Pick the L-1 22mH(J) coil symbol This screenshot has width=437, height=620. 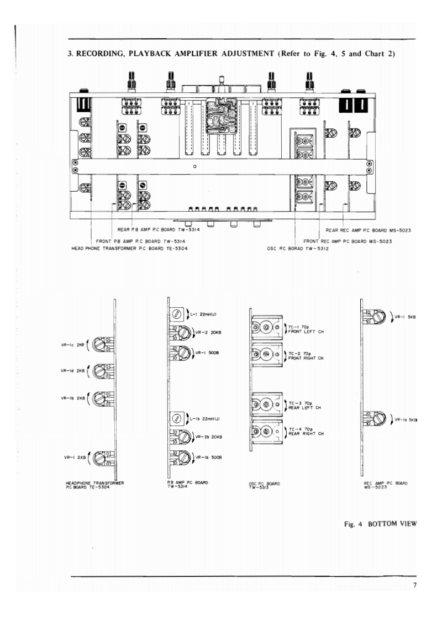(177, 314)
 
